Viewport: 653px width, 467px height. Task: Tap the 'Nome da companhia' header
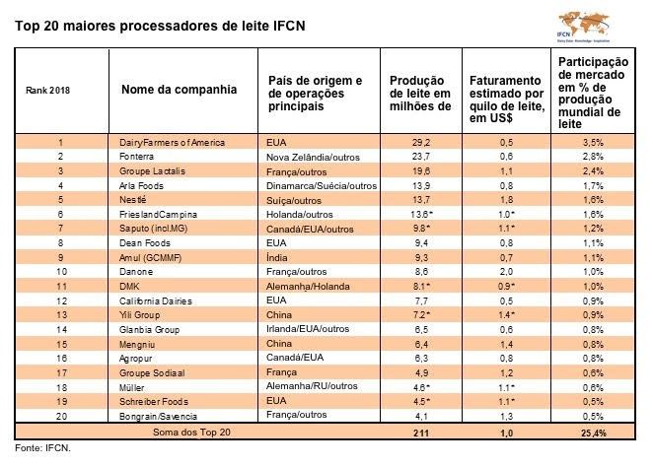[179, 90]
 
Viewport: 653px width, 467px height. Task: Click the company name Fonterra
[138, 157]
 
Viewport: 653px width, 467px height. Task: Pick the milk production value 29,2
[419, 143]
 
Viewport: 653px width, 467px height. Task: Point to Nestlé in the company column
[134, 198]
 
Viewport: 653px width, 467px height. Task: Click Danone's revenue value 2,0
[503, 269]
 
